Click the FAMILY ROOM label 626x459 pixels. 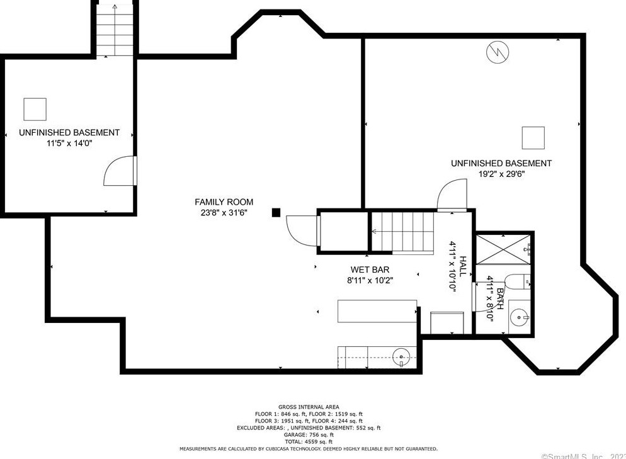[x=224, y=202]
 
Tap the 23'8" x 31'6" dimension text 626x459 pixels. [x=224, y=213]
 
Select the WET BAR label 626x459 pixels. [x=370, y=270]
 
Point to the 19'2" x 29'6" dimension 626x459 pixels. [x=501, y=174]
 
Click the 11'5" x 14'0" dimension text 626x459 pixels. [x=69, y=144]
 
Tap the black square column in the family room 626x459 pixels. [x=276, y=213]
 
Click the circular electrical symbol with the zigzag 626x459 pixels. [x=498, y=52]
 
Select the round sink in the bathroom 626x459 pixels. [x=520, y=318]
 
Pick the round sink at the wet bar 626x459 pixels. [x=401, y=355]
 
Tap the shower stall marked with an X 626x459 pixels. [x=503, y=249]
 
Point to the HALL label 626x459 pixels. [x=463, y=266]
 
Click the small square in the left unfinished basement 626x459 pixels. [x=35, y=110]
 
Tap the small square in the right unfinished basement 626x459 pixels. [x=533, y=138]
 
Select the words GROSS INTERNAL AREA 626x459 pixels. [x=309, y=407]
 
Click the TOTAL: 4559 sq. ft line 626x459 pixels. [x=309, y=442]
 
